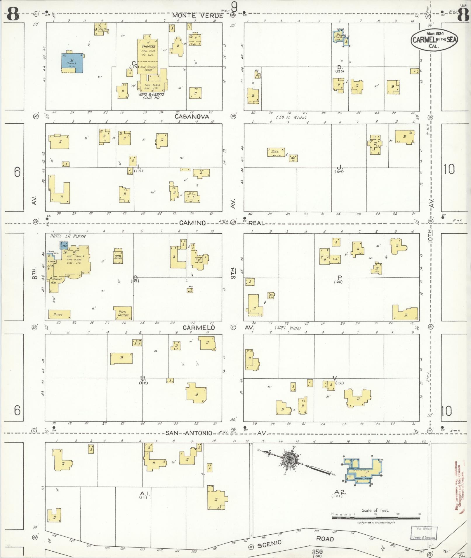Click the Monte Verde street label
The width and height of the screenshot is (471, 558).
(x=197, y=15)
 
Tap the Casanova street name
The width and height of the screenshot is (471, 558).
(x=192, y=116)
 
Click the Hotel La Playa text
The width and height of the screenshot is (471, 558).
(x=68, y=236)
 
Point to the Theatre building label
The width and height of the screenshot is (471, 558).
(x=149, y=46)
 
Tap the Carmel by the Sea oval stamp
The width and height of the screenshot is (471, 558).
(x=434, y=40)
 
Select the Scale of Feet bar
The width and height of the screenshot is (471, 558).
(x=376, y=518)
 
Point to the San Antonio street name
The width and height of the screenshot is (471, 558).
(x=189, y=433)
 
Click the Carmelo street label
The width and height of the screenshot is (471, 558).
(x=199, y=328)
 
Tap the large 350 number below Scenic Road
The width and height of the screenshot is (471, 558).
(x=317, y=552)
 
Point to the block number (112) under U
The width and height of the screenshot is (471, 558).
(x=143, y=383)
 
